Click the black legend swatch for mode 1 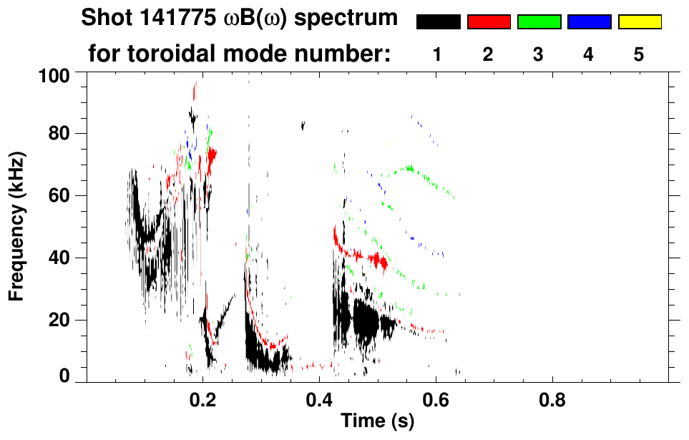pos(438,22)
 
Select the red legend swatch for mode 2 pos(489,22)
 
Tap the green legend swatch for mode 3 pos(539,22)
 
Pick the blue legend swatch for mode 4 pos(589,22)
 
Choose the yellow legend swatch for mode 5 pos(639,22)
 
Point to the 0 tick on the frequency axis pos(64,375)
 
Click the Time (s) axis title pos(376,422)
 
